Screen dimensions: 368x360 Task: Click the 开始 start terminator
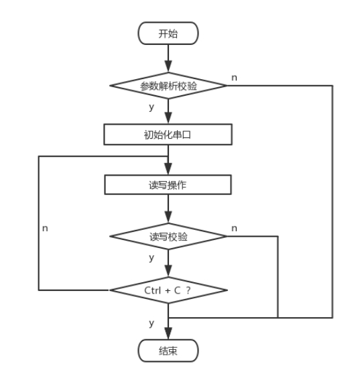pyautogui.click(x=168, y=34)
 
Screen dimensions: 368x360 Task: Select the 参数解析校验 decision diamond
pyautogui.click(x=168, y=86)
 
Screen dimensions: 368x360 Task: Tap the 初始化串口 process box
pyautogui.click(x=168, y=134)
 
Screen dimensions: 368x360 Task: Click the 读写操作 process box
pyautogui.click(x=168, y=184)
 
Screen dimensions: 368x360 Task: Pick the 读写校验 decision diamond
pyautogui.click(x=168, y=237)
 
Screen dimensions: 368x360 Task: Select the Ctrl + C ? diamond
pyautogui.click(x=168, y=290)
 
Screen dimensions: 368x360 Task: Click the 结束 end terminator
pyautogui.click(x=168, y=350)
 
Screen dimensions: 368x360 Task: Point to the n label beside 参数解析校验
pyautogui.click(x=234, y=78)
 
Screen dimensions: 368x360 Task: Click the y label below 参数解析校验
pyautogui.click(x=152, y=107)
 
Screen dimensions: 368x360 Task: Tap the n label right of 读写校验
pyautogui.click(x=234, y=229)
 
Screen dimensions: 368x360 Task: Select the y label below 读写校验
pyautogui.click(x=152, y=257)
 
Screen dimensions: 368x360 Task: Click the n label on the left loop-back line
pyautogui.click(x=45, y=229)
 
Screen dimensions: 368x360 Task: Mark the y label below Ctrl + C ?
pyautogui.click(x=152, y=323)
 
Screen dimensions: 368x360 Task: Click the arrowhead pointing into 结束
pyautogui.click(x=168, y=334)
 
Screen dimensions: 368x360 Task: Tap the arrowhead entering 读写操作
pyautogui.click(x=168, y=170)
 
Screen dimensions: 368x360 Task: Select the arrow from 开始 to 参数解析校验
pyautogui.click(x=168, y=58)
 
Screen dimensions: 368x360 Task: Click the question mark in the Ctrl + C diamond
pyautogui.click(x=188, y=290)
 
